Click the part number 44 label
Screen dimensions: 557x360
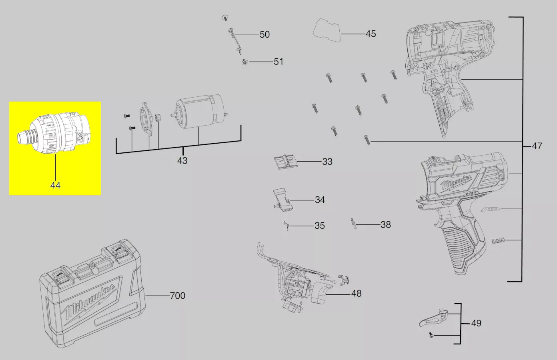tap(55, 186)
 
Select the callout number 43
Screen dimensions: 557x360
tap(182, 161)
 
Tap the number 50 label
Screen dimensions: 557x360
tap(264, 34)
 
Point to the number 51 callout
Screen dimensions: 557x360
tap(278, 62)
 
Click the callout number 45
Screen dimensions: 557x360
tap(371, 34)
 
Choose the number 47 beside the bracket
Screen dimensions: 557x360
tap(537, 146)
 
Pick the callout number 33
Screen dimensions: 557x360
tap(327, 162)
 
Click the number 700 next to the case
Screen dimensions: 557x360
tap(178, 296)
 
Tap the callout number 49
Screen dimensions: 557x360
tap(476, 323)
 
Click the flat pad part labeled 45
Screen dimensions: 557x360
tap(327, 30)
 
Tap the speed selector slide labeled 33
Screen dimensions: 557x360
tap(285, 162)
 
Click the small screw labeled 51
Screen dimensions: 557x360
tap(245, 62)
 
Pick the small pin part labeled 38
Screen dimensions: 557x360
tap(354, 224)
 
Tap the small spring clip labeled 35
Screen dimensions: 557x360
tap(287, 226)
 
